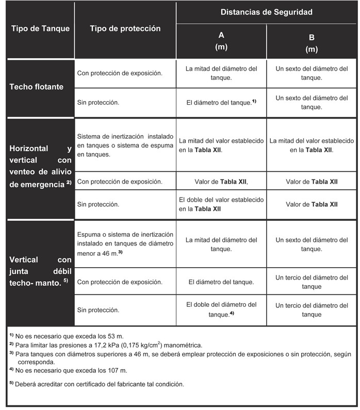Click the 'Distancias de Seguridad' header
tap(267, 12)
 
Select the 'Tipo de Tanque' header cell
tap(40, 28)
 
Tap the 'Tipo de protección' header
tap(125, 28)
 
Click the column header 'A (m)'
tap(221, 41)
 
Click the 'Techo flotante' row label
tap(37, 87)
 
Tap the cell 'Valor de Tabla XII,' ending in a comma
tap(221, 182)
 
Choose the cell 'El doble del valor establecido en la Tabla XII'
tap(221, 204)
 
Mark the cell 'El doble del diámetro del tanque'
tap(221, 309)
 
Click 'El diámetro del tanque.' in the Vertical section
tap(221, 282)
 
